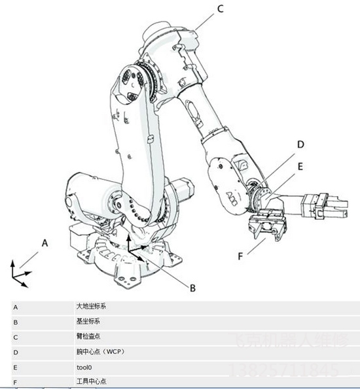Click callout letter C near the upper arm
pyautogui.click(x=220, y=8)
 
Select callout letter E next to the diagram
pyautogui.click(x=300, y=166)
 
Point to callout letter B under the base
pyautogui.click(x=192, y=286)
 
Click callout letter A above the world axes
pyautogui.click(x=45, y=242)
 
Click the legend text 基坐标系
pyautogui.click(x=88, y=321)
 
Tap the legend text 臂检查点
pyautogui.click(x=88, y=336)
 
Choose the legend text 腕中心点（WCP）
pyautogui.click(x=100, y=351)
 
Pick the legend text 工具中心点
pyautogui.click(x=91, y=381)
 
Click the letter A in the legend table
pyautogui.click(x=15, y=306)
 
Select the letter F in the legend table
pyautogui.click(x=15, y=381)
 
